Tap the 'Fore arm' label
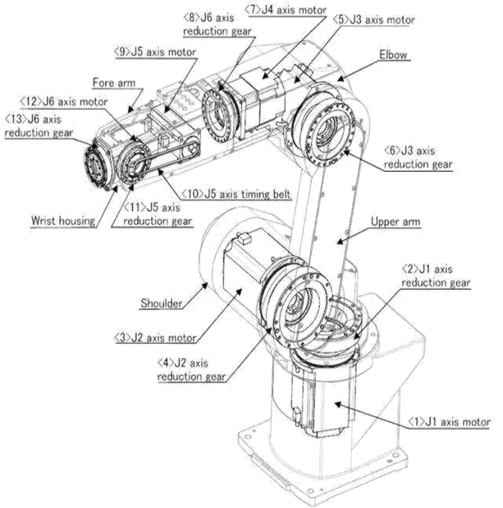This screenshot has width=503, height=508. [x=114, y=83]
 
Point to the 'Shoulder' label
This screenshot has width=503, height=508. [x=162, y=303]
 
